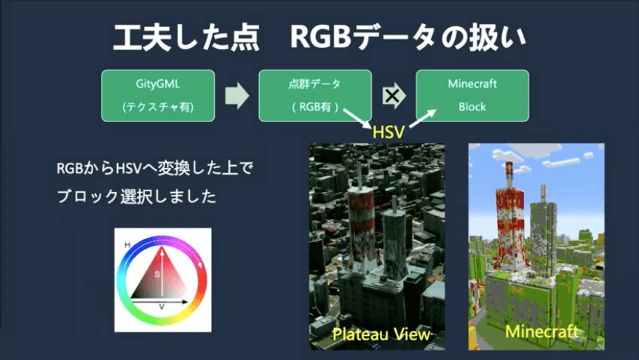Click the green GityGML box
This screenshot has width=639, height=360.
point(158,96)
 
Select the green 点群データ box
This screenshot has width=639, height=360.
point(315,96)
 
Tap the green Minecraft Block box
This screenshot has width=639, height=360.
point(472,96)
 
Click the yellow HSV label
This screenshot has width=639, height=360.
point(389,132)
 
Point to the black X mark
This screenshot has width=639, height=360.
point(392,96)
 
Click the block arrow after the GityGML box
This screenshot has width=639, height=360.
point(237,96)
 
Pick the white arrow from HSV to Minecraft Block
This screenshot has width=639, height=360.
point(422,119)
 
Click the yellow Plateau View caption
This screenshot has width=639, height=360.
point(381,335)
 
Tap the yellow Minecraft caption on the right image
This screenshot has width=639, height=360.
point(541,331)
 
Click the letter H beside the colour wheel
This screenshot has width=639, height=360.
point(127,245)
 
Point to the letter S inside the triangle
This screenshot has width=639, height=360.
point(157,274)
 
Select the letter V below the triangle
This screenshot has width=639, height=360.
point(162,307)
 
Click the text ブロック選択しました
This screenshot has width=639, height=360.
point(137,196)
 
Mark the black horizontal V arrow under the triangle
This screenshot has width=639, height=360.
point(160,302)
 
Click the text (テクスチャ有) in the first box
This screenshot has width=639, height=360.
point(158,107)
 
